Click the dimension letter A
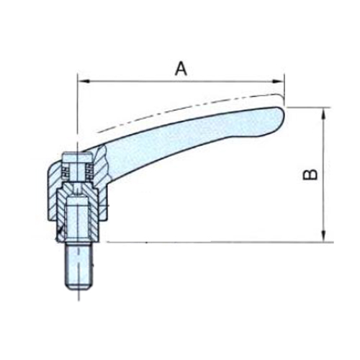[x=181, y=68]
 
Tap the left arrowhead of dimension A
[x=84, y=81]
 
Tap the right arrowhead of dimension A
[x=278, y=81]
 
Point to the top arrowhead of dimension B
[x=324, y=112]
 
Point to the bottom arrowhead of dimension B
[x=324, y=236]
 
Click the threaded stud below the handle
[x=78, y=266]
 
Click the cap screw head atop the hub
[x=77, y=158]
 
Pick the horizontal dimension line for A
[x=181, y=81]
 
